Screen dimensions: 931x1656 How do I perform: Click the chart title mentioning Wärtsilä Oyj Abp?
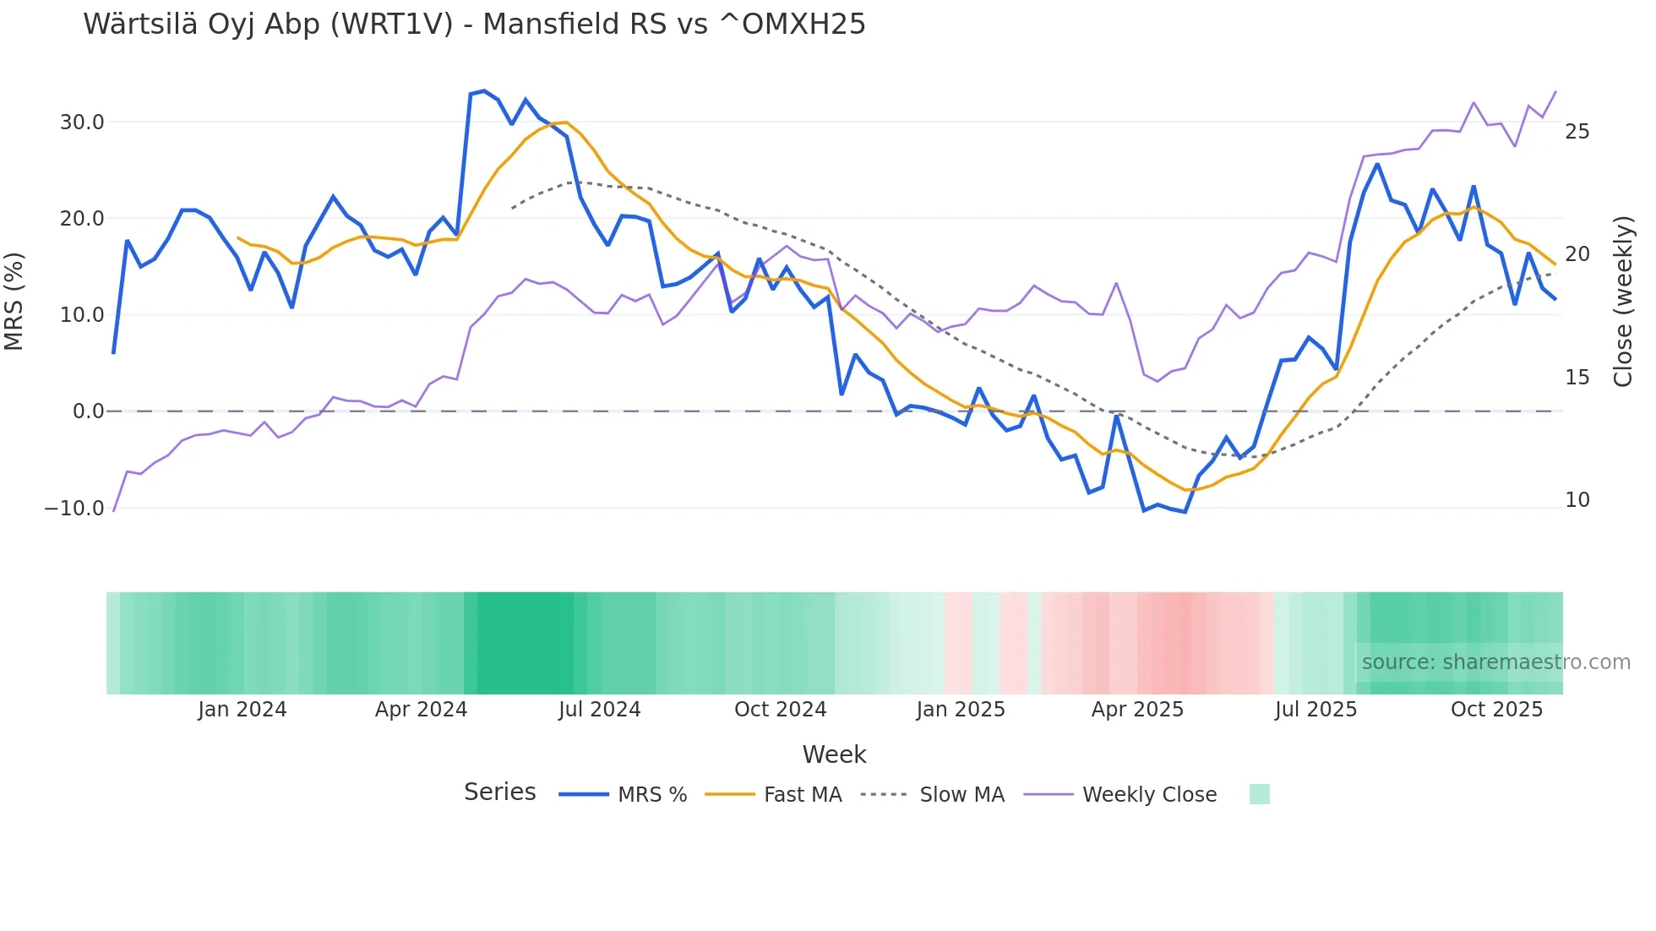tap(474, 24)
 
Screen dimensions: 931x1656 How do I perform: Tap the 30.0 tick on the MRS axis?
tap(82, 122)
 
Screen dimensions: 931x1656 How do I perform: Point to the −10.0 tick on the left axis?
tap(74, 509)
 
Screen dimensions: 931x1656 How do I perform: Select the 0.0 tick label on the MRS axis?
tap(88, 411)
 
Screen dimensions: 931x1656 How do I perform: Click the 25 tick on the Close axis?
tap(1577, 132)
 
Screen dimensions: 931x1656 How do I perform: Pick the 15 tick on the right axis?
tap(1577, 378)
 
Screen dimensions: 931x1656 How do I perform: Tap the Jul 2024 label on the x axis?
tap(599, 710)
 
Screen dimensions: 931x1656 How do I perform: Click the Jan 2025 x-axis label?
tap(961, 710)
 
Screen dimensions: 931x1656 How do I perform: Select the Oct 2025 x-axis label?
tap(1496, 710)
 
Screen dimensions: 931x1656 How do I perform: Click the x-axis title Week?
tap(834, 754)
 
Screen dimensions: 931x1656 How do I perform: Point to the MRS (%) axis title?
tap(14, 302)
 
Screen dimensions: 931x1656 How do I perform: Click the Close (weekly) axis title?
tap(1622, 302)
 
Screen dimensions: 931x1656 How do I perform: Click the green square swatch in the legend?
tap(1259, 795)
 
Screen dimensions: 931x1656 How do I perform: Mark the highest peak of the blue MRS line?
tap(484, 90)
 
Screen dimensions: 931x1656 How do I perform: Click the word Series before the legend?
tap(499, 792)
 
